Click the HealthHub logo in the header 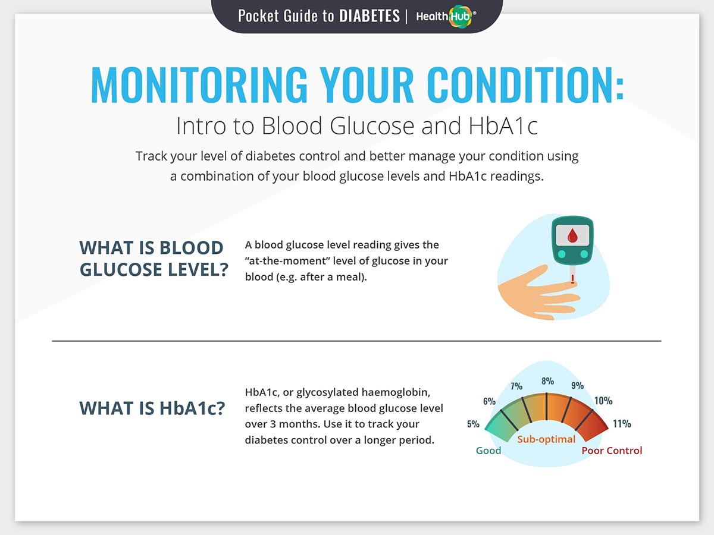446,16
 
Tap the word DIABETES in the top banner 369,16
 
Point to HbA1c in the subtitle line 503,125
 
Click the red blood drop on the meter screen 572,235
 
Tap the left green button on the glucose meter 562,254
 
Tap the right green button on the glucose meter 584,254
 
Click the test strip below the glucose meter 572,275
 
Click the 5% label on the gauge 473,424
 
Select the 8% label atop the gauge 547,381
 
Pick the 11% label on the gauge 622,424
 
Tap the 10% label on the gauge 603,401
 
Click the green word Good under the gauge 488,451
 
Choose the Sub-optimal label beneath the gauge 546,439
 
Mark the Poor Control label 612,451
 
